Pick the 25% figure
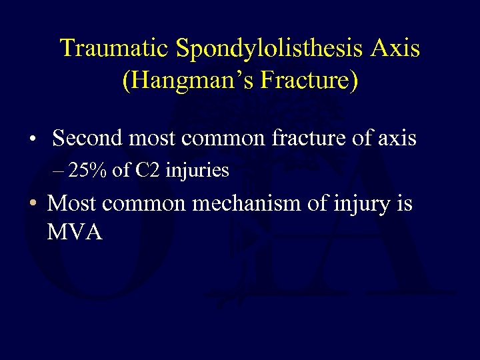pos(89,171)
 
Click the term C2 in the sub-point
pos(147,171)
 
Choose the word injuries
pos(197,171)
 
